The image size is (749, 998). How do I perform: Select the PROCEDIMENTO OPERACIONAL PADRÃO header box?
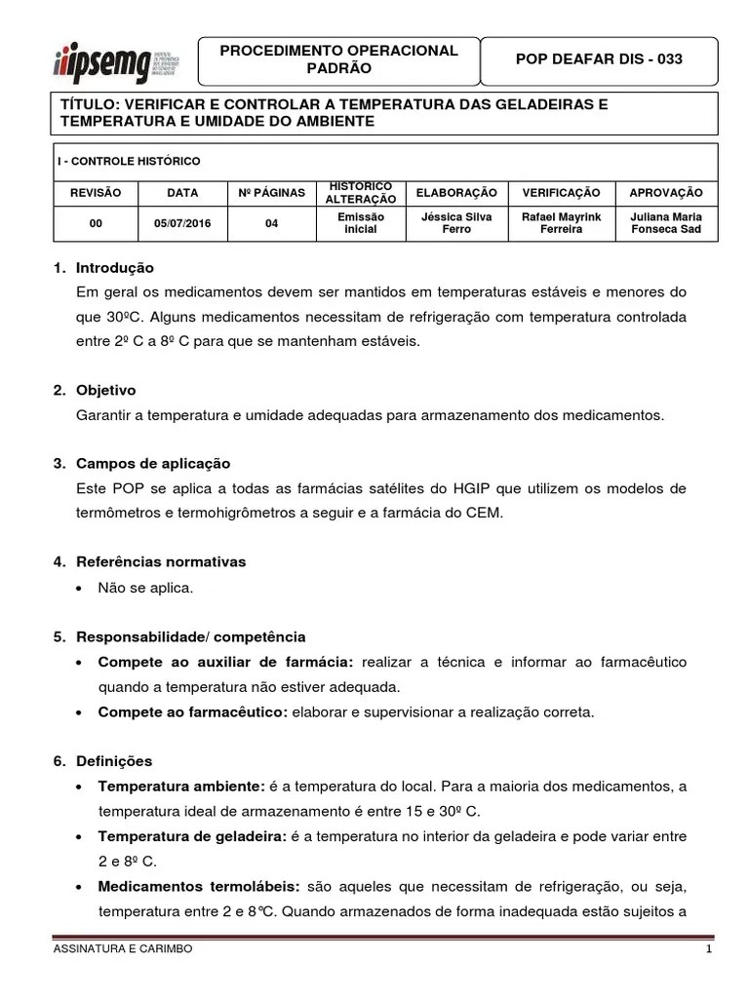pos(338,60)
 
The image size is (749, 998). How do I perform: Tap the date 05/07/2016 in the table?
pos(181,223)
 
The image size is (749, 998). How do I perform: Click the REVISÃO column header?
pos(96,193)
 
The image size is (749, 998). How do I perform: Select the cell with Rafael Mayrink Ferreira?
pos(561,223)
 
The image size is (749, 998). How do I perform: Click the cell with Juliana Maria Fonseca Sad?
pos(666,223)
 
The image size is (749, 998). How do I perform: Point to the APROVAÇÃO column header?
pos(666,193)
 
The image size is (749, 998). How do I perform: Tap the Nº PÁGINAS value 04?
pos(271,223)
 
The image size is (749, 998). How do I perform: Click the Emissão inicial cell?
pos(360,223)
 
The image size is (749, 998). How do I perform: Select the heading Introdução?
pos(115,268)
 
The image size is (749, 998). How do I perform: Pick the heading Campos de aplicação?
pos(153,463)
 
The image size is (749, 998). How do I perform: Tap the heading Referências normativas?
pos(161,562)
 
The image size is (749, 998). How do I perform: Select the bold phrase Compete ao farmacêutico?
pos(192,712)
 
